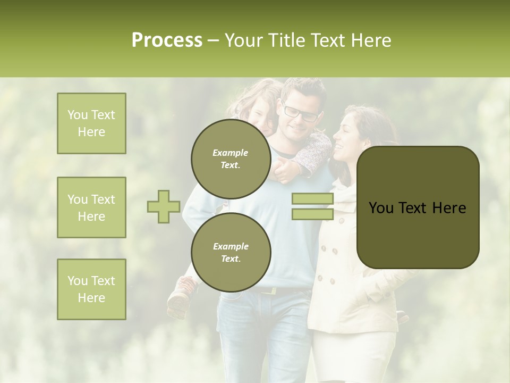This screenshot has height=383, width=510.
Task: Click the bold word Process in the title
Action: (167, 40)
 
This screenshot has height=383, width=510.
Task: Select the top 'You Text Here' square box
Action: (91, 123)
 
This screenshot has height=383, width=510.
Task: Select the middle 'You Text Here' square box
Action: (91, 207)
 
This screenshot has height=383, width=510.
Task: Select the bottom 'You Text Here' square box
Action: (91, 289)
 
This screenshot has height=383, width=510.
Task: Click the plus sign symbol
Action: (164, 206)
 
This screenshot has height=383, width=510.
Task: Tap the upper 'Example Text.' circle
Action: (231, 159)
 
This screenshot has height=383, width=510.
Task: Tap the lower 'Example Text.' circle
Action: (231, 253)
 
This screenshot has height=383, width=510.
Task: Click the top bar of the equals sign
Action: (312, 199)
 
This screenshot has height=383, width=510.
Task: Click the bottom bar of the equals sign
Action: (312, 214)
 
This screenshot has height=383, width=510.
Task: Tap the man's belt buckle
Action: (273, 291)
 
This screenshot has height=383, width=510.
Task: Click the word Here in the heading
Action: (370, 40)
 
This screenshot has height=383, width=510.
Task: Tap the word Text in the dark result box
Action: (416, 208)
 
